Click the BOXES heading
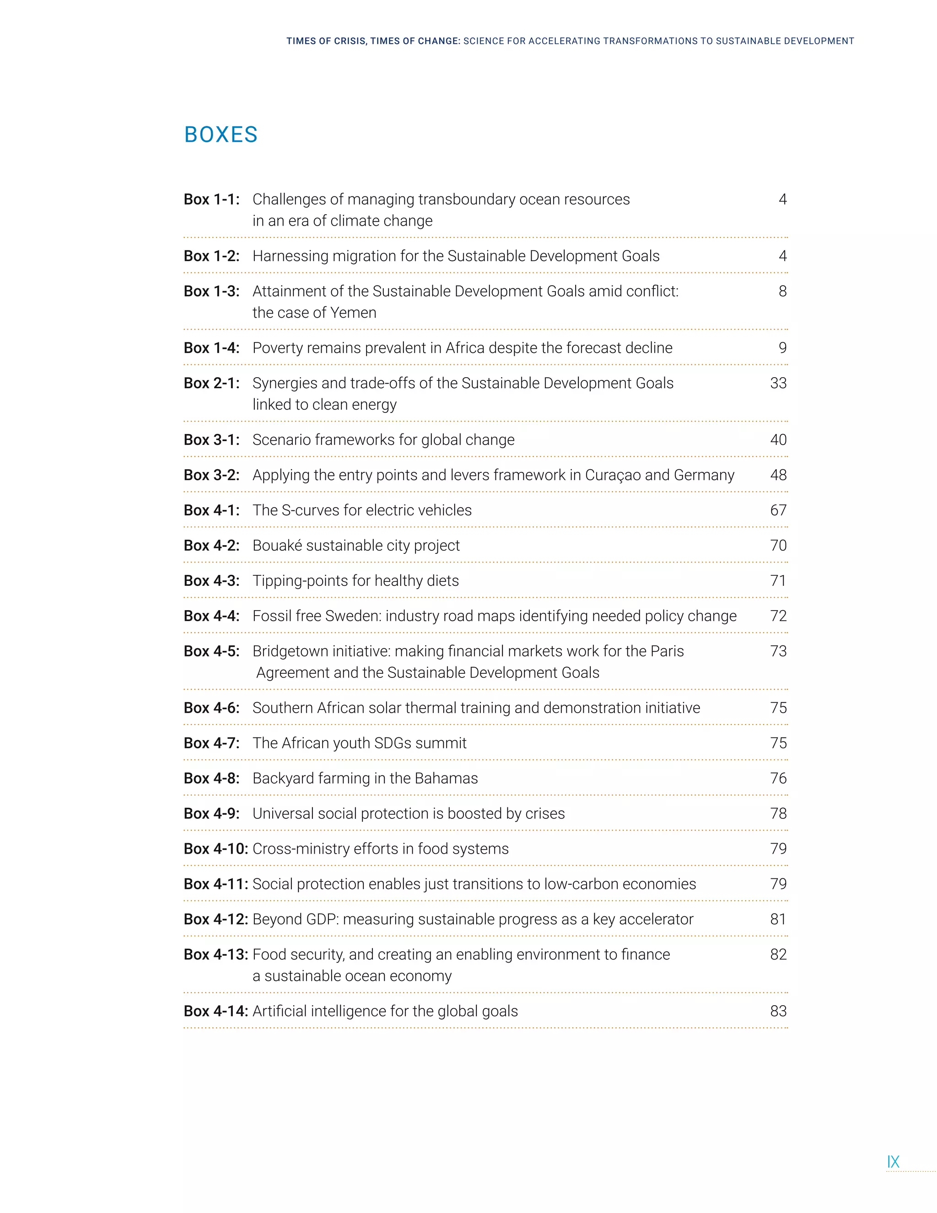click(x=221, y=135)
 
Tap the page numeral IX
click(x=893, y=1161)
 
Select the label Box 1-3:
click(x=211, y=291)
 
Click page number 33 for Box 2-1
click(x=778, y=383)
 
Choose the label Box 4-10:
click(x=216, y=849)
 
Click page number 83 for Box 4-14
click(x=778, y=1011)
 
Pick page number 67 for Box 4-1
click(x=778, y=510)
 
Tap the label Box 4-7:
click(x=211, y=743)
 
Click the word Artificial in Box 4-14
click(x=279, y=1011)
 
